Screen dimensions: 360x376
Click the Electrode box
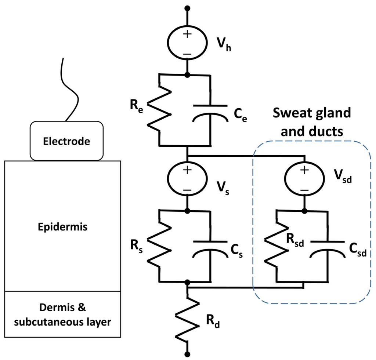(x=66, y=141)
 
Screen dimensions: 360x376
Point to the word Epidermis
(x=63, y=227)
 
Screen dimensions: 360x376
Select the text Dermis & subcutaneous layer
(x=62, y=314)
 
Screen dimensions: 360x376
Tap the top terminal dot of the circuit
(x=187, y=8)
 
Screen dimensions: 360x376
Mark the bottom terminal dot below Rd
(x=187, y=354)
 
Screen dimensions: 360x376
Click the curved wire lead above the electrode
(x=71, y=88)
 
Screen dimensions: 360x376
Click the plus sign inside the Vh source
(x=187, y=34)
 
